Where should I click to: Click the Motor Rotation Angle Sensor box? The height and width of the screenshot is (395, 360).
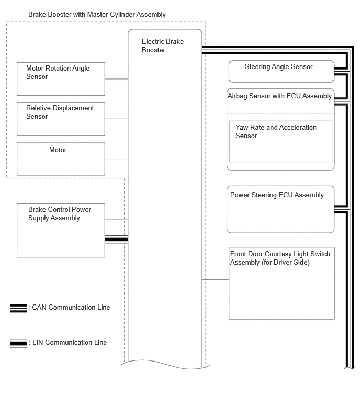[61, 79]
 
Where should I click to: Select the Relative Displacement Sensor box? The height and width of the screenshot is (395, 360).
[61, 119]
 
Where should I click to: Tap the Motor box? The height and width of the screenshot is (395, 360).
[61, 159]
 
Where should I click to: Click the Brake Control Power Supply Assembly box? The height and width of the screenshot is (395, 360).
[61, 230]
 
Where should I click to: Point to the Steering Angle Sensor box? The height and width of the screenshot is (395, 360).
[282, 71]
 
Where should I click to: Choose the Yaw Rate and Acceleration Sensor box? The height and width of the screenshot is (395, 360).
[280, 142]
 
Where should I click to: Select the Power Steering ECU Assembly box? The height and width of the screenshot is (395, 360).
[280, 209]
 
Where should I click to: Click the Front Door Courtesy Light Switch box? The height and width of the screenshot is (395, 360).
[282, 283]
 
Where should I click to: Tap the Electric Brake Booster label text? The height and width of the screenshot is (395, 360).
[163, 46]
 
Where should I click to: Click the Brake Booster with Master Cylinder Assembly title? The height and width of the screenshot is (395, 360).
[97, 14]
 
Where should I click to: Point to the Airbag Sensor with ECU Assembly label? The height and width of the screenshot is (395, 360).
[279, 96]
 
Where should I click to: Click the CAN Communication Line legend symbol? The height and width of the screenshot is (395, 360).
[18, 308]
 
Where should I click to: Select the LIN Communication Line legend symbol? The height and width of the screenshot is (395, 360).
[18, 343]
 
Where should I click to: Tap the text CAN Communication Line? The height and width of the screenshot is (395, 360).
[71, 307]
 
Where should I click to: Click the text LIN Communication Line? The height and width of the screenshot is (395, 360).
[70, 342]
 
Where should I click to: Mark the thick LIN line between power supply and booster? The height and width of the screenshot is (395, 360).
[116, 239]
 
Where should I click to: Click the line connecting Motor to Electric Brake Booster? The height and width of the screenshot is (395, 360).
[116, 159]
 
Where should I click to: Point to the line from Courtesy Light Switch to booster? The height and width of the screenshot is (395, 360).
[216, 279]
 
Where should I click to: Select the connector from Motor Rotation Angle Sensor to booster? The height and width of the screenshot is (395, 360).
[116, 79]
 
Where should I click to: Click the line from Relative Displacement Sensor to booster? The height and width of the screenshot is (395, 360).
[116, 119]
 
